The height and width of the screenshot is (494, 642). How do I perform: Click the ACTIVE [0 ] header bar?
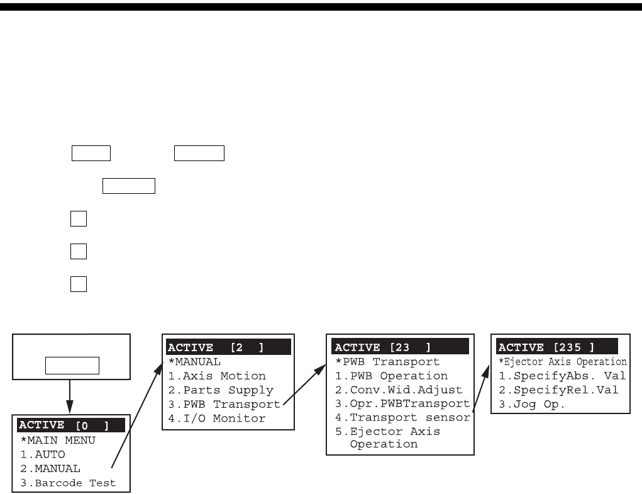pyautogui.click(x=71, y=426)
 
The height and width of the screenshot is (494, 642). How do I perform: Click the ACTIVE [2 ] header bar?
pyautogui.click(x=228, y=347)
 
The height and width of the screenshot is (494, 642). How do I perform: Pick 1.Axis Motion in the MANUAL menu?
pyautogui.click(x=216, y=376)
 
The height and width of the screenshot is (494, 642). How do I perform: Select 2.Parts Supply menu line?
pyautogui.click(x=220, y=390)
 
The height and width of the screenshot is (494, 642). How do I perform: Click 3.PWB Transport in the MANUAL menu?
pyautogui.click(x=224, y=404)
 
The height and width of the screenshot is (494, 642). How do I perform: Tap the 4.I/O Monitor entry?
pyautogui.click(x=216, y=418)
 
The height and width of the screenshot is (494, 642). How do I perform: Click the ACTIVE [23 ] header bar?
pyautogui.click(x=399, y=347)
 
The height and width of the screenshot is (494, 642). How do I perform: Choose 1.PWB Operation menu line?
pyautogui.click(x=390, y=376)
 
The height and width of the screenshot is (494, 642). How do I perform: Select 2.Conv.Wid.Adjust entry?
pyautogui.click(x=398, y=390)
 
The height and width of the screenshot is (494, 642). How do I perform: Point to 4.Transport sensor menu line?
pyautogui.click(x=402, y=417)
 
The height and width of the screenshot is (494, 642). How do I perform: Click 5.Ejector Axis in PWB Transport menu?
pyautogui.click(x=387, y=432)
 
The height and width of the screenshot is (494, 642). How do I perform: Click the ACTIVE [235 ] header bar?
pyautogui.click(x=560, y=347)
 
